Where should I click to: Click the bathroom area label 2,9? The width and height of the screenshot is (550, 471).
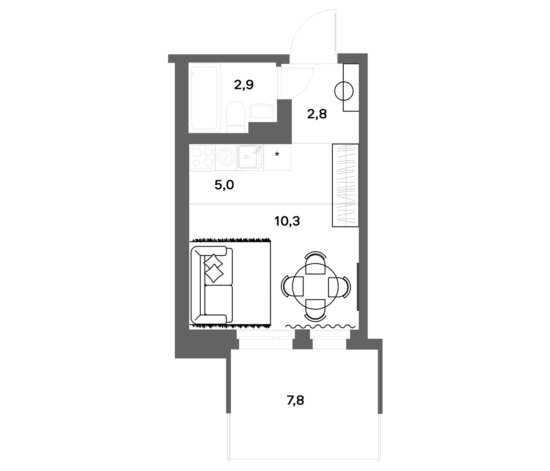tap(244, 85)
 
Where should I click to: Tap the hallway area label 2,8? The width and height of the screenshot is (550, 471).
tap(317, 114)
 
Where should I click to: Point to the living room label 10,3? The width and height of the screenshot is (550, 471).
tap(287, 221)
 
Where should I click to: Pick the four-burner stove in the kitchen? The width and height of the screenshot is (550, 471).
tap(202, 157)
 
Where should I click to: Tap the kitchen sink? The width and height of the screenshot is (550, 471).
tap(250, 157)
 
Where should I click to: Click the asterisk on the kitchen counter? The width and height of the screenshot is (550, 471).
tap(277, 154)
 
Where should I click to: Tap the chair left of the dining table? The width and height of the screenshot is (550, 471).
tap(292, 287)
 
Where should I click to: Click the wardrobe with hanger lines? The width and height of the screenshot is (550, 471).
tap(345, 185)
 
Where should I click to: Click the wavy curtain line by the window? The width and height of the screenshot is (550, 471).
tap(320, 326)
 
